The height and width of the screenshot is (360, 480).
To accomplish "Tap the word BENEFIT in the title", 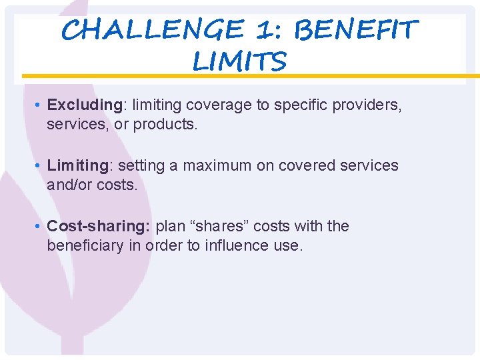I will click(356, 30).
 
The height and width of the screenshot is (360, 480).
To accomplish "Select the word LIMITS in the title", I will click(239, 62).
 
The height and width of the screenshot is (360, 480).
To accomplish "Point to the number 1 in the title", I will click(269, 30).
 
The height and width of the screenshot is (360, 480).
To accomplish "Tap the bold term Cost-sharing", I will click(99, 227).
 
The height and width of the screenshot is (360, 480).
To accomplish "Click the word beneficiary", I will click(84, 245).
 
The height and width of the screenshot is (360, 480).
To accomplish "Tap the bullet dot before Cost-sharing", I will click(40, 227).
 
